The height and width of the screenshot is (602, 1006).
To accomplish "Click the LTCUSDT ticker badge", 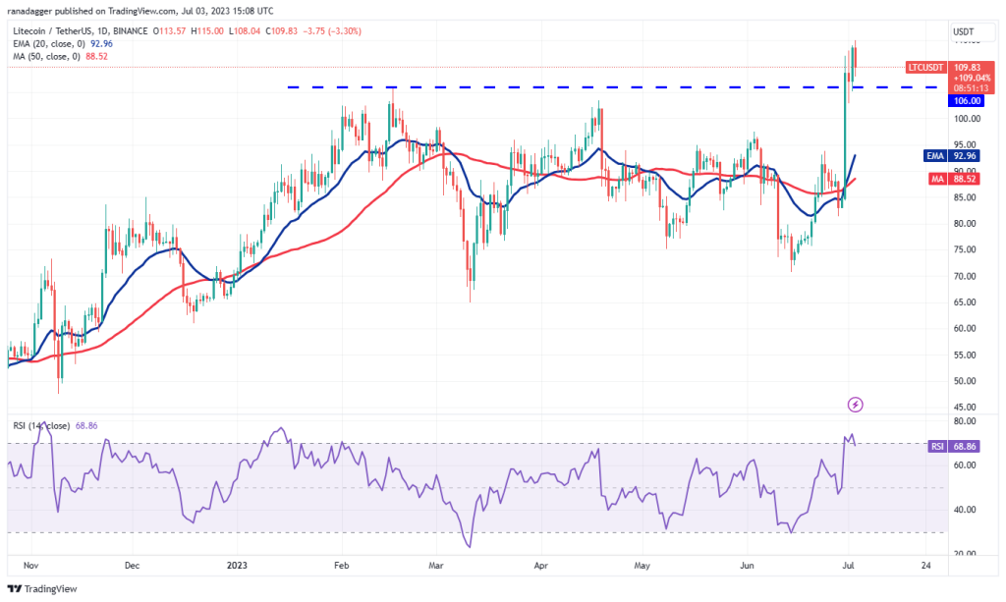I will coord(925,67).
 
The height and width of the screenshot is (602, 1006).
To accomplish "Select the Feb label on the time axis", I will coord(342,566).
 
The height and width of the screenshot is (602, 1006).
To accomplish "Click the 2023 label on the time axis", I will coord(239,566).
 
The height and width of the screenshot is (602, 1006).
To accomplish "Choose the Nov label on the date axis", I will coord(31,566).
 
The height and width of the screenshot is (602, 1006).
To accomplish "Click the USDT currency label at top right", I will coord(963,31).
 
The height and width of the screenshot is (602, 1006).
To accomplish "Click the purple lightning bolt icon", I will coord(855,404).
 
